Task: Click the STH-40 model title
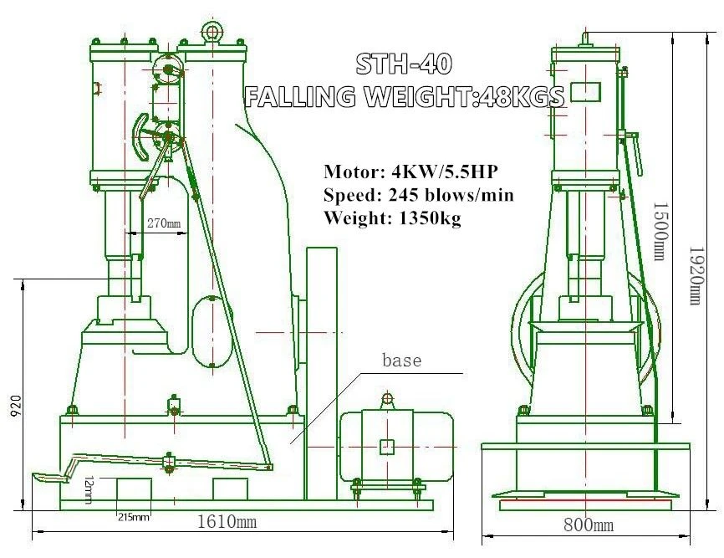point(403,64)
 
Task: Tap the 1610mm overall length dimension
point(227,522)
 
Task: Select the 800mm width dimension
point(589,525)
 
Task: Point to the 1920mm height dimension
point(696,275)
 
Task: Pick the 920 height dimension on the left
point(15,405)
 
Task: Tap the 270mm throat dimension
point(164,223)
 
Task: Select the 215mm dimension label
point(134,517)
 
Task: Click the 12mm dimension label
point(89,489)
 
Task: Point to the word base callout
point(401,360)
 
